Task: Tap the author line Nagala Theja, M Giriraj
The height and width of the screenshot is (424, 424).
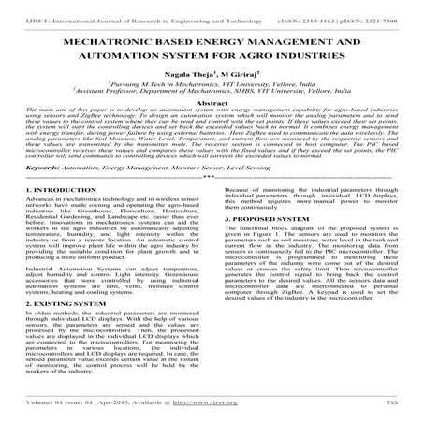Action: (212, 82)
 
